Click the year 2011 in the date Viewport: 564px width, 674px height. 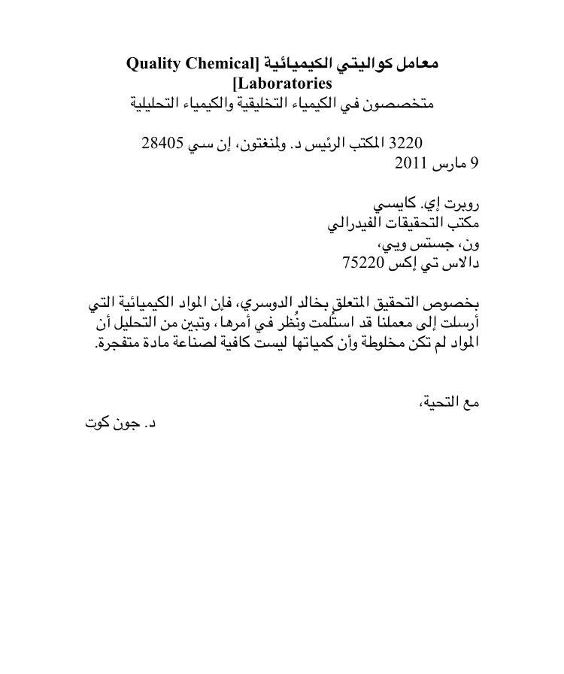tap(411, 162)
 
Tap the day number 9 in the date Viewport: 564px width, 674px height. tap(475, 162)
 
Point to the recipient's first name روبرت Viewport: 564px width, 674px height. tap(460, 203)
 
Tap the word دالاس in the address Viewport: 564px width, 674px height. tap(460, 263)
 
